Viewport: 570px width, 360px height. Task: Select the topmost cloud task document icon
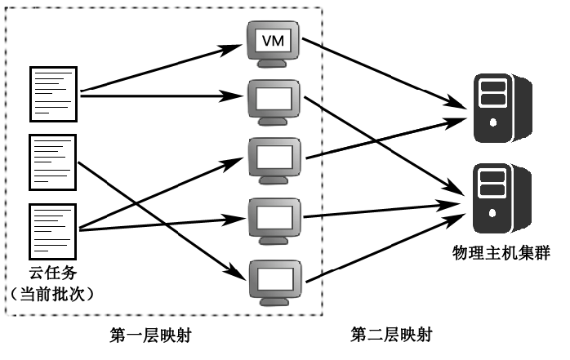click(53, 92)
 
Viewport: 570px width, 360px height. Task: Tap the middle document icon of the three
click(53, 158)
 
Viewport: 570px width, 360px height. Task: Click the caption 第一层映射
click(151, 335)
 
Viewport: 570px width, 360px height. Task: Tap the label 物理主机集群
click(501, 254)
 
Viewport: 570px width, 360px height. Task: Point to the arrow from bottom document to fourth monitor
click(163, 224)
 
